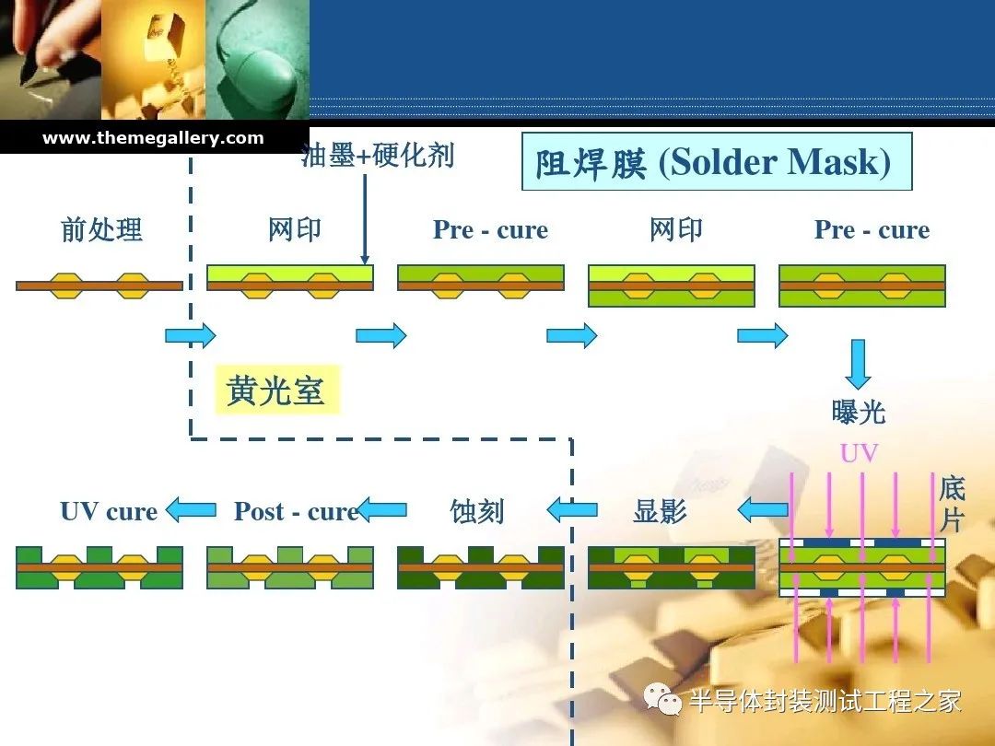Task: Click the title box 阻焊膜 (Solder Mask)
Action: coord(717,161)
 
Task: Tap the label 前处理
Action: coord(101,229)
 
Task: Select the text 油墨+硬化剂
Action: coord(378,156)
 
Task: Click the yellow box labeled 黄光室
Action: coord(277,390)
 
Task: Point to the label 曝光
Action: coord(858,413)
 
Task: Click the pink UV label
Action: coord(860,453)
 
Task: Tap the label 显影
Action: coord(660,510)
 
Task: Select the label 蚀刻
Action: coord(477,511)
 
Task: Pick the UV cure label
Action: coord(109,511)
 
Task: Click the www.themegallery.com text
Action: coord(153,137)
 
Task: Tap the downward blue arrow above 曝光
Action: coord(858,364)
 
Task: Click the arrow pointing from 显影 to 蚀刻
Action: coord(572,509)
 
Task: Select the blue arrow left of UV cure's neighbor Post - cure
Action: coord(191,509)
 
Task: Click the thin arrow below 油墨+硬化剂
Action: coord(364,219)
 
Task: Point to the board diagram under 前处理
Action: coord(99,286)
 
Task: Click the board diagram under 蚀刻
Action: coord(480,567)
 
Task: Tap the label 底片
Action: coord(952,505)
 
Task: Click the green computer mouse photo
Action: coord(258,60)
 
